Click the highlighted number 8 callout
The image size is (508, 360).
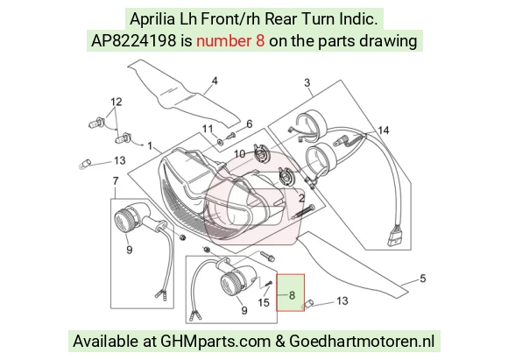point(292,295)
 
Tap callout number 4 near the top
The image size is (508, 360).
point(215,81)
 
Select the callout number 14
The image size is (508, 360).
point(384,131)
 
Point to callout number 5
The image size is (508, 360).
point(423,279)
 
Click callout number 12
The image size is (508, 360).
point(116,102)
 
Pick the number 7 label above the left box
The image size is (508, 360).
point(116,180)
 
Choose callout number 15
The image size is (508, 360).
point(264,303)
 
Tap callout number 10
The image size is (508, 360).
point(239,153)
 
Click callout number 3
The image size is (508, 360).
point(307,82)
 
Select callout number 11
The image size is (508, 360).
point(208,129)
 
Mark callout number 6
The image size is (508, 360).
point(249,124)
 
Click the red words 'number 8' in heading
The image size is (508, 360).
point(230,41)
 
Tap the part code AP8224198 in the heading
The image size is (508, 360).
point(134,41)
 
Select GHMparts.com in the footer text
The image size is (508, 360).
point(215,342)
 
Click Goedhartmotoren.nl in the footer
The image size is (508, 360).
point(362,342)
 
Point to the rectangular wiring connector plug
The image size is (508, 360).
point(393,236)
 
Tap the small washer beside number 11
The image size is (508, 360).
point(221,141)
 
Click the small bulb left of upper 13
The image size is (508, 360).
point(85,164)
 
